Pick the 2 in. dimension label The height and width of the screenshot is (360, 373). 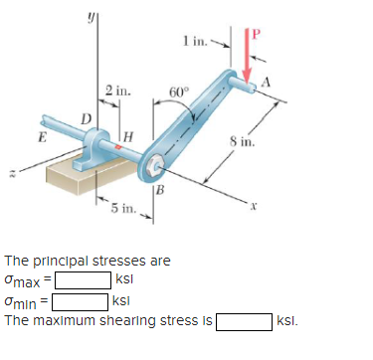[118, 90]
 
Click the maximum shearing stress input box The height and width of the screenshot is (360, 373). [245, 321]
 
